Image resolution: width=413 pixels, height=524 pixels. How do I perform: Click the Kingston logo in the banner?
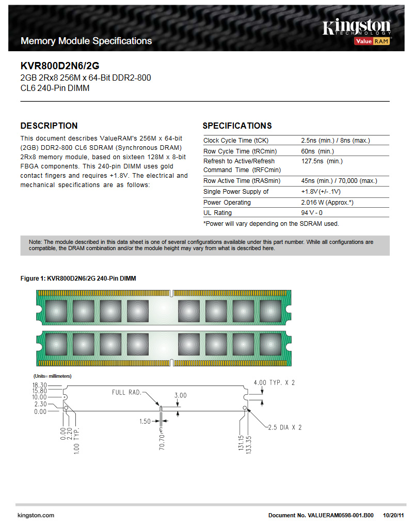[x=356, y=28]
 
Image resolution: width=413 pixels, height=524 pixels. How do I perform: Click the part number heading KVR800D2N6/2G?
[x=60, y=66]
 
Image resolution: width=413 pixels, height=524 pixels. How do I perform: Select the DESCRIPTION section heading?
[x=49, y=126]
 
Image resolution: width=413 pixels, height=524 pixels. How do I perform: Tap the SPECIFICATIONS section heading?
[x=237, y=126]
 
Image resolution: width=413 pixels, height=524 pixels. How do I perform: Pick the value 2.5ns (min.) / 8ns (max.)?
[x=336, y=141]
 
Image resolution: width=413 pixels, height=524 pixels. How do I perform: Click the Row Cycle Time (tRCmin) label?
[x=240, y=151]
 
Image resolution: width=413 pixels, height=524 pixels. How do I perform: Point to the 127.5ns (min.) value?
[x=322, y=161]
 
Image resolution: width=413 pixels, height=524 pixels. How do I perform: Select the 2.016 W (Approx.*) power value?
[x=327, y=203]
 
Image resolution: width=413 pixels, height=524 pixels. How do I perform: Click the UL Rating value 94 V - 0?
[x=312, y=213]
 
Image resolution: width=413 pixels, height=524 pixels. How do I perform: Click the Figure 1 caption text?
[x=78, y=279]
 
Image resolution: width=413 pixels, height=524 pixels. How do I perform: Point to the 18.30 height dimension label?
[x=39, y=385]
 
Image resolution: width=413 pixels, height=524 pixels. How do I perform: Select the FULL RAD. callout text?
[x=126, y=392]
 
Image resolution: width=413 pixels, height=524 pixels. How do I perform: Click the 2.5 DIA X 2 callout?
[x=284, y=427]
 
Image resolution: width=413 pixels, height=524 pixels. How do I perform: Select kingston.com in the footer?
[x=36, y=515]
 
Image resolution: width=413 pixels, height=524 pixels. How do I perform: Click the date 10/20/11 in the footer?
[x=393, y=515]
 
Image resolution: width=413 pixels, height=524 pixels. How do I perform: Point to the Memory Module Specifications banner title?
[x=86, y=41]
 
